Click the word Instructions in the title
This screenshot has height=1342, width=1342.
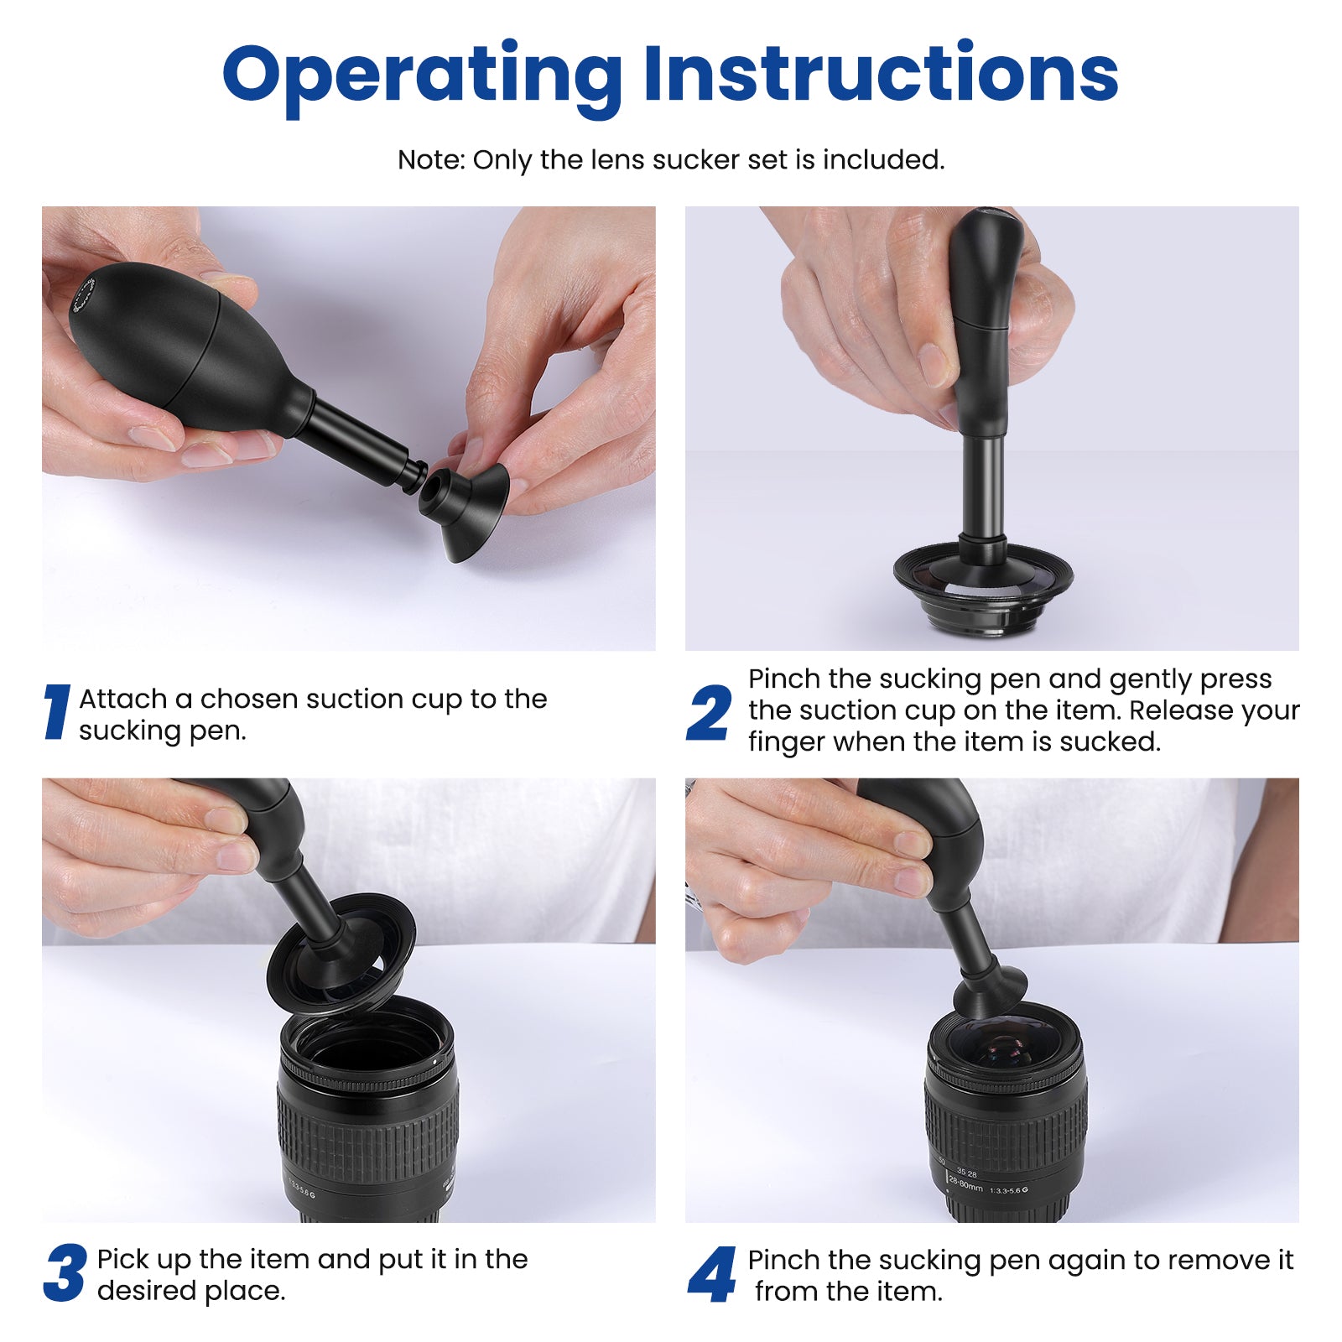click(881, 74)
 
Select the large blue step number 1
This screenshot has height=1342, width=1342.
click(56, 712)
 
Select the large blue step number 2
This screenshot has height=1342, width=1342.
click(709, 713)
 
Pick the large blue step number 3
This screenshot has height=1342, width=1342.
click(65, 1273)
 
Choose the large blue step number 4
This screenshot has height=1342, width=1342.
click(711, 1274)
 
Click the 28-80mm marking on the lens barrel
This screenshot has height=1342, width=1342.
click(965, 1185)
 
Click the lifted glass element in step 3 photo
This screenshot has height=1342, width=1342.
click(341, 952)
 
